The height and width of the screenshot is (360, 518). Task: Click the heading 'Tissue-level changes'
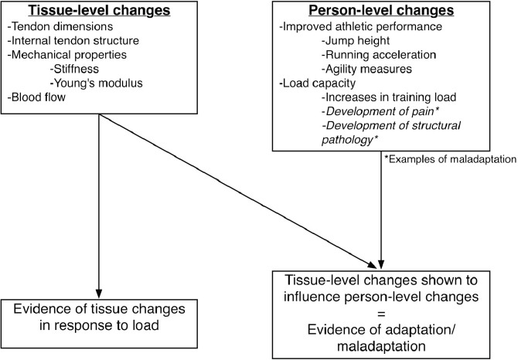tap(99, 10)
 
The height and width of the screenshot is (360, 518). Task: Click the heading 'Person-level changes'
tap(381, 10)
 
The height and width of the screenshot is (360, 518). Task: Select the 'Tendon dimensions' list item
tap(60, 26)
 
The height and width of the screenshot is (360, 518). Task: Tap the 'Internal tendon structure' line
tap(73, 41)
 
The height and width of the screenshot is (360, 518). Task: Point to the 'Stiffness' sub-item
tap(74, 69)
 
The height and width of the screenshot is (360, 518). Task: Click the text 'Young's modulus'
tap(96, 83)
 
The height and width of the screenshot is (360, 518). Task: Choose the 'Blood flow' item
tap(36, 97)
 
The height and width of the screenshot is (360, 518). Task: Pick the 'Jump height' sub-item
tap(356, 41)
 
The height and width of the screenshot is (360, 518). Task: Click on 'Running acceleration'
tap(379, 55)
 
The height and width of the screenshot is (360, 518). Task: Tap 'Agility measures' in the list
tap(366, 69)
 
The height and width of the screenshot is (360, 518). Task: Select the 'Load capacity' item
tap(317, 83)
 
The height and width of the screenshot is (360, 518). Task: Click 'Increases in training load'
tap(389, 97)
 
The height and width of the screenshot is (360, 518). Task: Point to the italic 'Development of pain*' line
tap(380, 111)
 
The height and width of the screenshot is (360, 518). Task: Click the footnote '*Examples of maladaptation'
tap(450, 159)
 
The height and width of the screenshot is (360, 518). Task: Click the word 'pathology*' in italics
tap(349, 140)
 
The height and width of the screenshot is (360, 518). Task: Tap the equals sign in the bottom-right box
tap(381, 314)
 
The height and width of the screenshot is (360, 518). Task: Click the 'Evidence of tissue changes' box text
tap(99, 309)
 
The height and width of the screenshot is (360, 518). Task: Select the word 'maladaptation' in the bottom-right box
tap(381, 346)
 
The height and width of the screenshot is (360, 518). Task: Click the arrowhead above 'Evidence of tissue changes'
tap(99, 294)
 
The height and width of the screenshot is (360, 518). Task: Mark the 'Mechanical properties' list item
tap(66, 55)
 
